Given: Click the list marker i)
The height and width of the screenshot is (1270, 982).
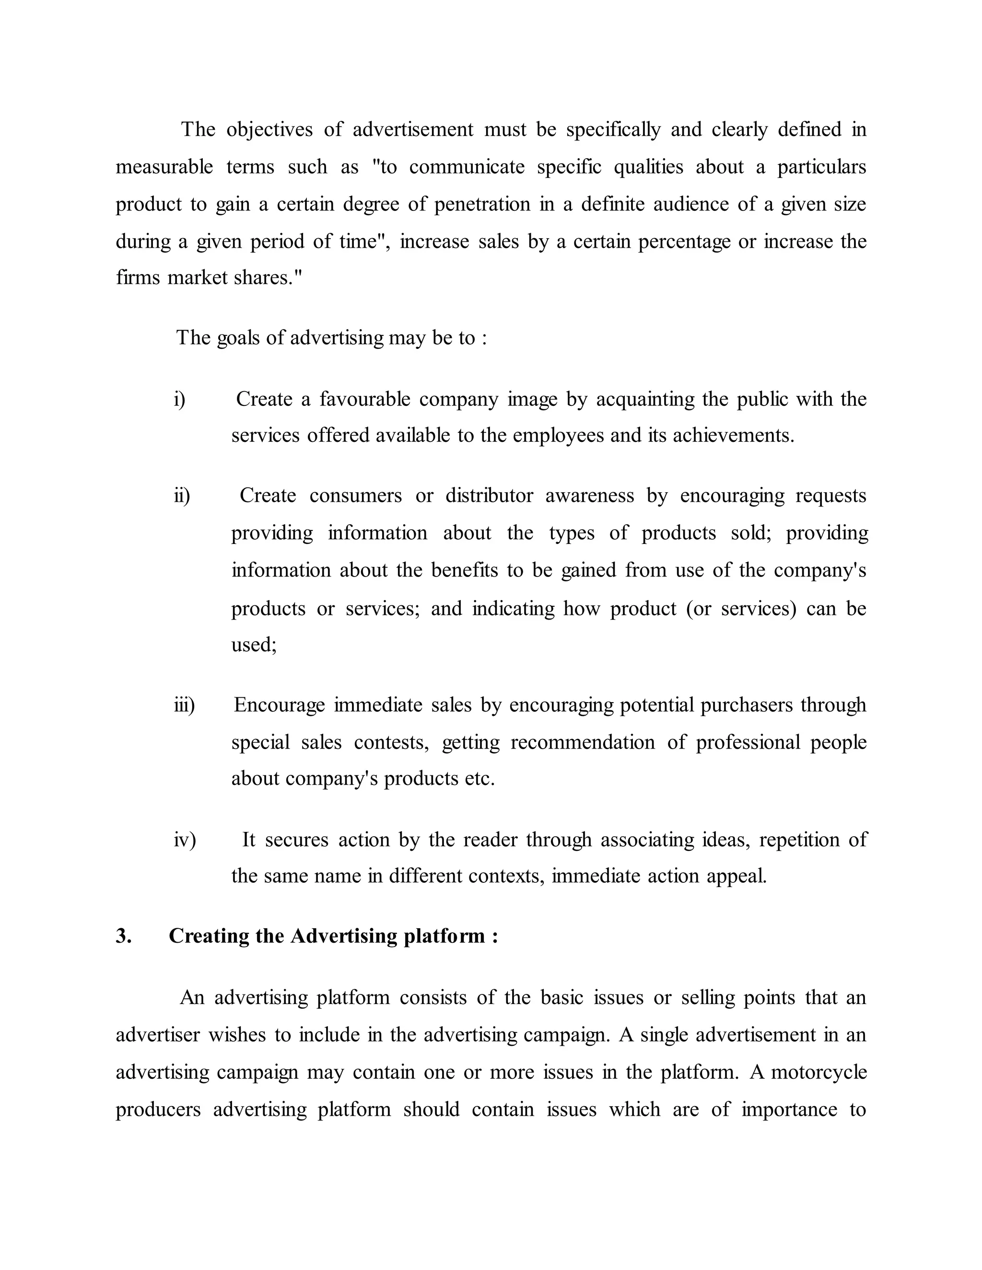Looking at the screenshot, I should coord(179,400).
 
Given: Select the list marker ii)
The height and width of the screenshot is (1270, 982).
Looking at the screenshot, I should coord(182,496).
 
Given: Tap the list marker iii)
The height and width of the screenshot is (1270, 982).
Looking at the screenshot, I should coord(184,705).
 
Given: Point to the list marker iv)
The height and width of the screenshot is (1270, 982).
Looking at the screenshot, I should coord(185,840).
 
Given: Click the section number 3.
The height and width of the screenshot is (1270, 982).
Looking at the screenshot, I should coord(123,935).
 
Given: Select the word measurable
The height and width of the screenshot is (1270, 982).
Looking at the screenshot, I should coord(164,167).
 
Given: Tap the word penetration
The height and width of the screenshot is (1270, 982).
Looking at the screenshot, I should coord(482,204).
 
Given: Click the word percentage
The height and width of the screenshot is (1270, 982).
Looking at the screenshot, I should coord(684,242).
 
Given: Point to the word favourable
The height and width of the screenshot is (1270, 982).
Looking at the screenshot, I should coord(365,400).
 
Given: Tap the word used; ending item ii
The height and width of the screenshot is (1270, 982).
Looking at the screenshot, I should coord(254,644).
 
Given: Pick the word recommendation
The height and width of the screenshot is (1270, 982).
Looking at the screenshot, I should coord(582,742).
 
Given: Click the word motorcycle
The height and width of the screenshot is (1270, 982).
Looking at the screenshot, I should coord(818,1072).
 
